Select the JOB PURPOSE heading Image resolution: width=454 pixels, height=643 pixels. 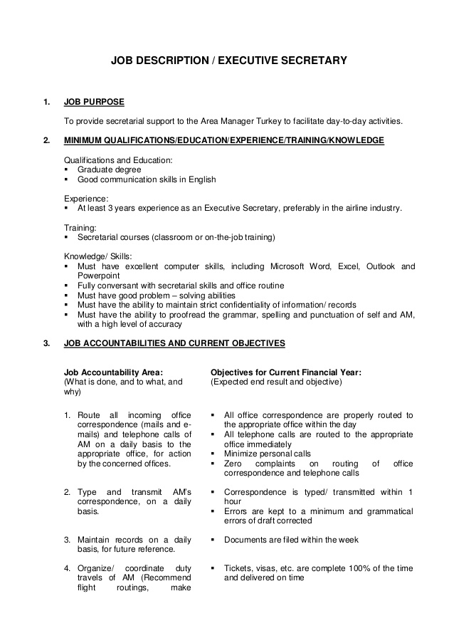pos(94,102)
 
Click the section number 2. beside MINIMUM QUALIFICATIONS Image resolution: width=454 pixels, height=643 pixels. pos(46,140)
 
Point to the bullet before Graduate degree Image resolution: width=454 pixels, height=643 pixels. pos(66,169)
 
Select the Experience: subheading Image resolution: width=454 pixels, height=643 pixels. pos(86,199)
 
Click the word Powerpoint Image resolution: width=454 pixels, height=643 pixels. pos(98,276)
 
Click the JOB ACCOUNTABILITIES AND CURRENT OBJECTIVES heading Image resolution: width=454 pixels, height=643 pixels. pos(174,343)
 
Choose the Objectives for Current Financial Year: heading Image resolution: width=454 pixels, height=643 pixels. pos(285,372)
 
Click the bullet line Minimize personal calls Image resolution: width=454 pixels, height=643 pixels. pos(267,454)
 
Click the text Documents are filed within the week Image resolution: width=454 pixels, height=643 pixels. pos(291,540)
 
